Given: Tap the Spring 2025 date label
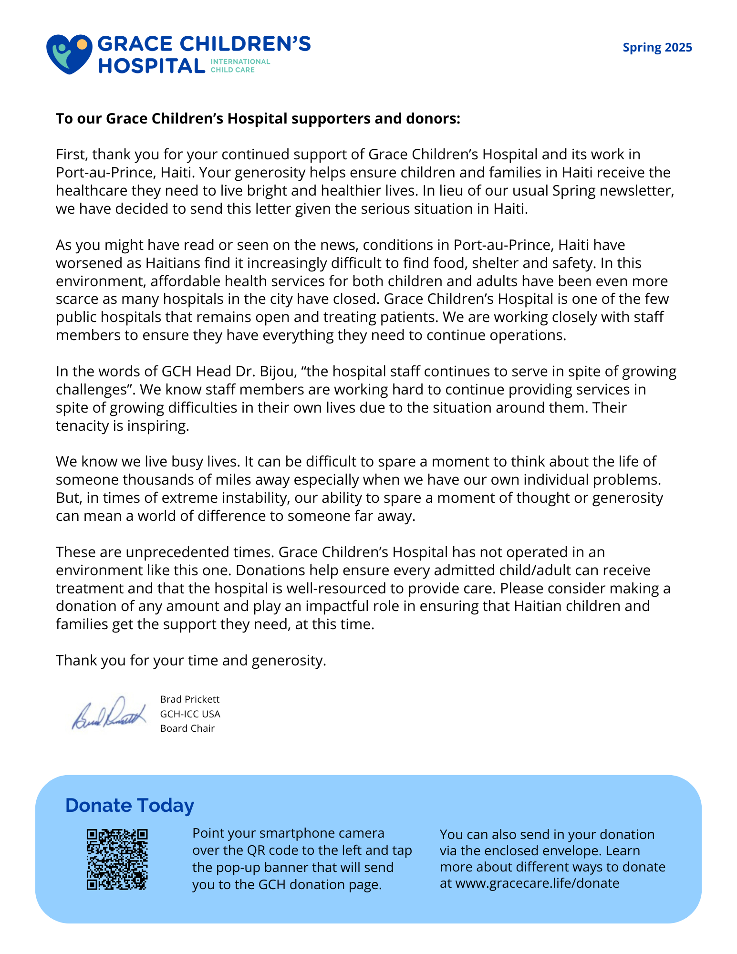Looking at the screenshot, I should coord(657,48).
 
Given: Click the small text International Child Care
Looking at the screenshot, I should coord(240,66).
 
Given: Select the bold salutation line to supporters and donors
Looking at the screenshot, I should coord(258,118).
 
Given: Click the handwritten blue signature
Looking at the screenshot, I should coord(109,714).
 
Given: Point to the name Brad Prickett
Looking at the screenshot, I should coord(190,699).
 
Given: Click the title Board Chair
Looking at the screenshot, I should coord(187,728).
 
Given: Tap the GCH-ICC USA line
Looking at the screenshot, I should coord(190,714).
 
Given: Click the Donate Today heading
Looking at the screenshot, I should coord(130,805).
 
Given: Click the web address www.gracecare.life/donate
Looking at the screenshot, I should coord(537,883).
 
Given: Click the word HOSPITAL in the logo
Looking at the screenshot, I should coord(152,66).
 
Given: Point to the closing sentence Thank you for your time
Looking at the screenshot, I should coord(191,661).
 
